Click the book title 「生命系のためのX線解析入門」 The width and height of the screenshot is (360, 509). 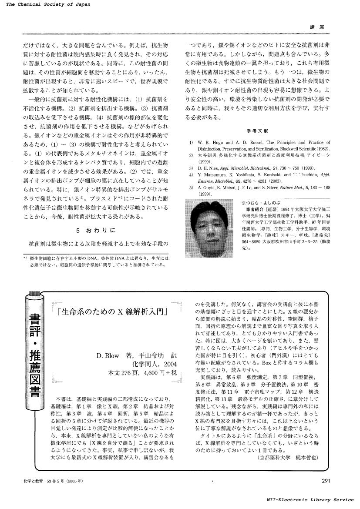[x=114, y=312]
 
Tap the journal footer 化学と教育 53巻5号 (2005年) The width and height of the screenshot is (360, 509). [x=54, y=481]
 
